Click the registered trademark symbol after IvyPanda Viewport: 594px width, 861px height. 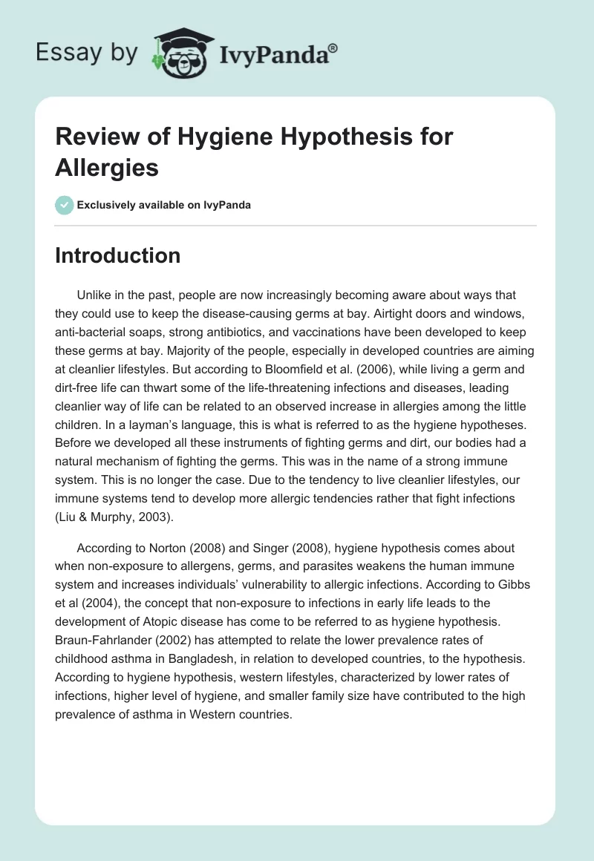333,48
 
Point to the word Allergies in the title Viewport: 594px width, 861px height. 107,168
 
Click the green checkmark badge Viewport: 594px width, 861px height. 65,205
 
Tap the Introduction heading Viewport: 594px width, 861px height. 118,255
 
